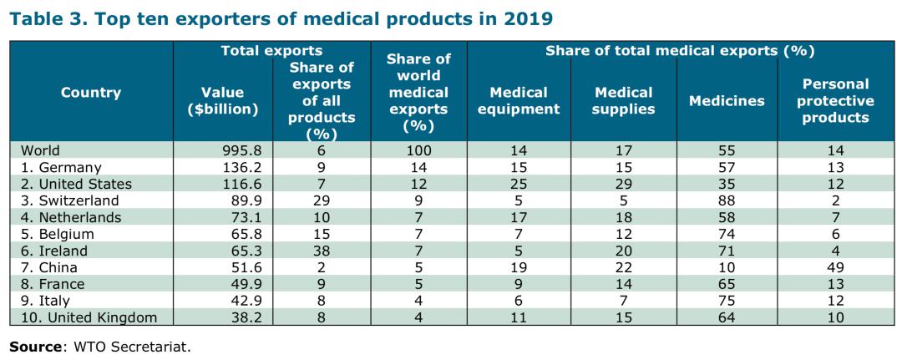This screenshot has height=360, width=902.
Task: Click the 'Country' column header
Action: click(x=91, y=93)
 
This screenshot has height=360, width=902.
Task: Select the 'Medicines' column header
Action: click(x=727, y=101)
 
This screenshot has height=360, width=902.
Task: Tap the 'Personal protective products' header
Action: click(x=835, y=100)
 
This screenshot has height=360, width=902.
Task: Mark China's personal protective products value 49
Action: click(x=835, y=266)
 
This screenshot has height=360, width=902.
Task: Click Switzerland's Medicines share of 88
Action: click(x=727, y=200)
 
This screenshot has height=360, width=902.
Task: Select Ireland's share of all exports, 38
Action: click(x=322, y=250)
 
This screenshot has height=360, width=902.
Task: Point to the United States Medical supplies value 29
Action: click(x=622, y=184)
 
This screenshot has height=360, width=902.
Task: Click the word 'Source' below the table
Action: click(x=34, y=345)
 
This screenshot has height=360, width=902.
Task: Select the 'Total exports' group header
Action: click(x=271, y=51)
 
